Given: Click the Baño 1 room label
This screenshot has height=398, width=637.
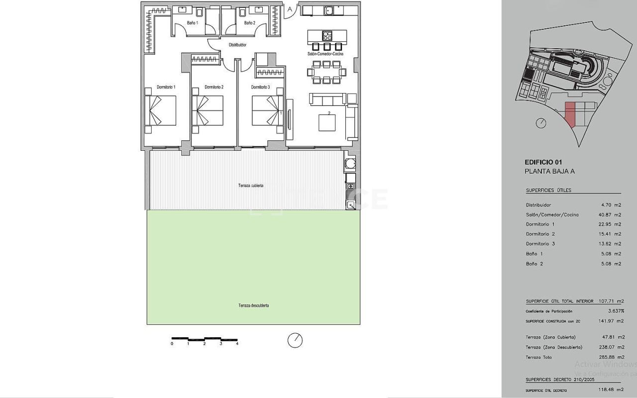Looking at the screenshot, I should click(x=192, y=23).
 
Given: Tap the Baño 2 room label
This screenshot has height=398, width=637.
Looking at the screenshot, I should click(x=249, y=23).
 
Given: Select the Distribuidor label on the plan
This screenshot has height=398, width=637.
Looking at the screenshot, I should click(x=237, y=45).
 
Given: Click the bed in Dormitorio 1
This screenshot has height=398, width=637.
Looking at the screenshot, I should click(x=161, y=110).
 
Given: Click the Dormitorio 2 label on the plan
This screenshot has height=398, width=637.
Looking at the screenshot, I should click(x=214, y=87).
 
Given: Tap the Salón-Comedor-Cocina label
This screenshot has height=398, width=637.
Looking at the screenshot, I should click(x=325, y=54).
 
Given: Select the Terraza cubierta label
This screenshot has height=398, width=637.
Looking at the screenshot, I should click(x=250, y=186).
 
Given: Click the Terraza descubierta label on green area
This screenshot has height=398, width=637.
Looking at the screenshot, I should click(x=253, y=305).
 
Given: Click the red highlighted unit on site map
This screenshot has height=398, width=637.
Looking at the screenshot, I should click(x=570, y=114).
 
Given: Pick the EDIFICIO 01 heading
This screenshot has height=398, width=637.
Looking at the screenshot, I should click(x=543, y=162).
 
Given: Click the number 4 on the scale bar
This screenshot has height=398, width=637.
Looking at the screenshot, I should click(x=237, y=344).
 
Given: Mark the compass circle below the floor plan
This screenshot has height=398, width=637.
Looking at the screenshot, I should click(x=295, y=340).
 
